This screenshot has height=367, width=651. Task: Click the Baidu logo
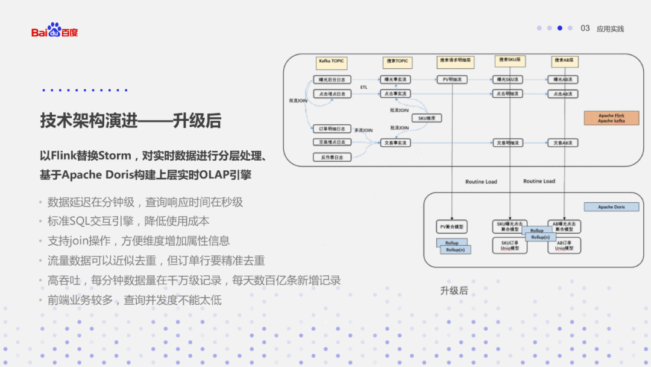[54, 30]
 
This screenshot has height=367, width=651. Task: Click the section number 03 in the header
[585, 28]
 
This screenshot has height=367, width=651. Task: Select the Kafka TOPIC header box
[331, 62]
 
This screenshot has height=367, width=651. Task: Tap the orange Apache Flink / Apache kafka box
[611, 118]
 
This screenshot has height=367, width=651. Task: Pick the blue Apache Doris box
[611, 207]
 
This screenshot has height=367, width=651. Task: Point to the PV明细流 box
[452, 79]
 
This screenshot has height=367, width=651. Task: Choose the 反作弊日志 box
[332, 157]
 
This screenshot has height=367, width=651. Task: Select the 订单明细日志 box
[332, 129]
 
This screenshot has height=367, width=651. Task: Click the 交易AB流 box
[564, 143]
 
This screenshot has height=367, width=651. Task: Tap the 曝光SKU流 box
[508, 79]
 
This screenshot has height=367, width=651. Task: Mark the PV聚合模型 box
[452, 226]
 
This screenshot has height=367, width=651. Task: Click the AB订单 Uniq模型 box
[564, 246]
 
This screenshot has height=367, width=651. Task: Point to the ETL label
[364, 88]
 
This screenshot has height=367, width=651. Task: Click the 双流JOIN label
[298, 101]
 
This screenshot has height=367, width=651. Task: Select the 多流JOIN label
[363, 130]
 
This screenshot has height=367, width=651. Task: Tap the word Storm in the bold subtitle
[115, 156]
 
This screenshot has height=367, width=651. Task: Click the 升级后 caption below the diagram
[454, 290]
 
